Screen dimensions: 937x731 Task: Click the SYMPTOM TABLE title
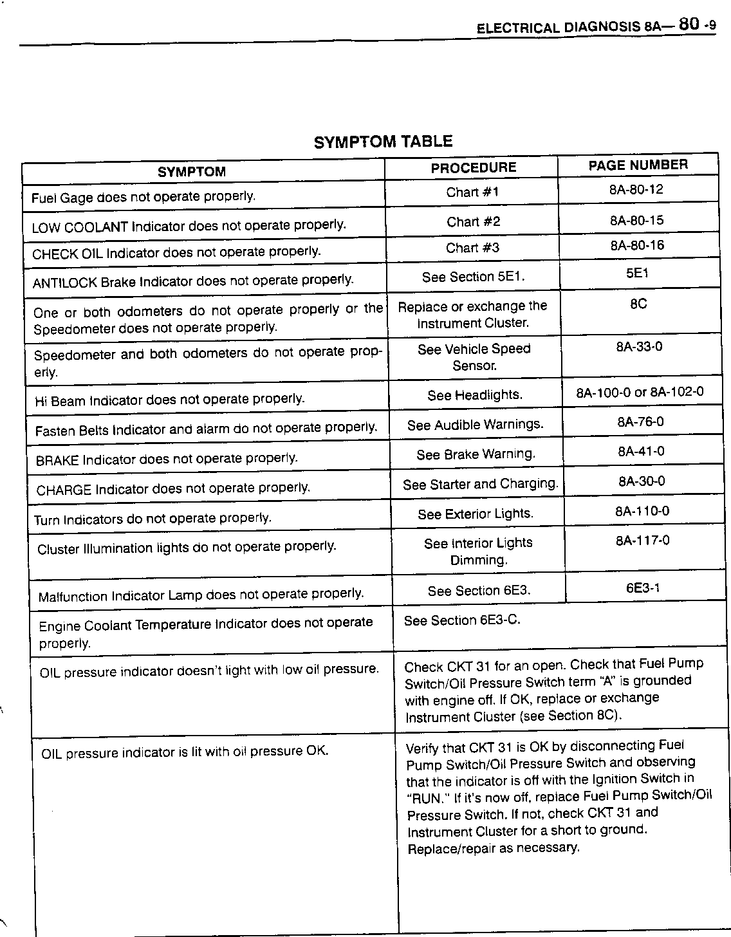pos(383,142)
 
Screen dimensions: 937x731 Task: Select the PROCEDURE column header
pos(473,168)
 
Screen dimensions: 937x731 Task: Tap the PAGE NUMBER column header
pos(638,165)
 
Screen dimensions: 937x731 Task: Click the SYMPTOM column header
pos(192,172)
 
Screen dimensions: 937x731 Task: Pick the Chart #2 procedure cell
pos(473,222)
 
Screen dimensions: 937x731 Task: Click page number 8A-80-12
pos(636,190)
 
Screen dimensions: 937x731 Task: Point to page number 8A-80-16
pos(637,246)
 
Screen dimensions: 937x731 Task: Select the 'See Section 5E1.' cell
pos(473,277)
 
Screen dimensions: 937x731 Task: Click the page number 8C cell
pos(638,304)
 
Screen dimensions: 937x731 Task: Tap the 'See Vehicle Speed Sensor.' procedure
pos(474,357)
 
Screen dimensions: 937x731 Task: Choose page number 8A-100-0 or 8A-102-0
pos(640,392)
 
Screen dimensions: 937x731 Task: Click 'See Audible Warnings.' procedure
pos(475,425)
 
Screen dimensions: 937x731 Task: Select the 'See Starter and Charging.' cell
pos(480,484)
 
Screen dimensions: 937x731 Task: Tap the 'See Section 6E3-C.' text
pos(462,620)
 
